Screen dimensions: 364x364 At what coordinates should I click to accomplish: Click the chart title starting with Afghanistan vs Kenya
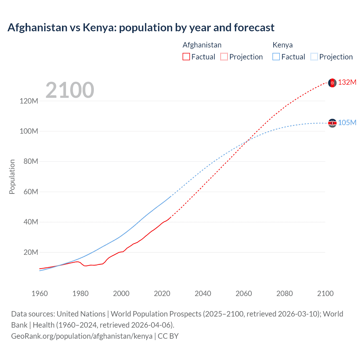pos(141,28)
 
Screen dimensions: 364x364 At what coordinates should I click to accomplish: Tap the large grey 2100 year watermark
pos(70,90)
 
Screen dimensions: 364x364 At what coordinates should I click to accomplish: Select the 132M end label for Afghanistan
pos(347,82)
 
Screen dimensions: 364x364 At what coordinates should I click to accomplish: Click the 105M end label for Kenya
pos(347,123)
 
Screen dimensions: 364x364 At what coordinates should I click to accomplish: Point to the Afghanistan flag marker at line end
pos(332,83)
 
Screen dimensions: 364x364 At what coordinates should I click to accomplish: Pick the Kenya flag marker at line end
pos(332,123)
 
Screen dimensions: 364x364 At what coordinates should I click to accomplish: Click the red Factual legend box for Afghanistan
pos(186,57)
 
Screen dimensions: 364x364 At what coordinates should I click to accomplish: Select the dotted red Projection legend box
pos(224,57)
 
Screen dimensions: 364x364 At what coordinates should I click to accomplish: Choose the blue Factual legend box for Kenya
pos(276,57)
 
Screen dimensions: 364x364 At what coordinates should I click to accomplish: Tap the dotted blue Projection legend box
pos(314,57)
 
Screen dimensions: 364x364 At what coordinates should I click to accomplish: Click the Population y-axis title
pos(12,177)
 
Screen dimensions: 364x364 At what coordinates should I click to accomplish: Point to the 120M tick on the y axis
pos(29,101)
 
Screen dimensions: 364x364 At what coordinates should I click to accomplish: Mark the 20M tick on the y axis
pos(31,253)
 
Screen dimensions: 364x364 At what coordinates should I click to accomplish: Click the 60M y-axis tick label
pos(31,192)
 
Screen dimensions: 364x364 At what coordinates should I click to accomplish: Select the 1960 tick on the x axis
pos(40,293)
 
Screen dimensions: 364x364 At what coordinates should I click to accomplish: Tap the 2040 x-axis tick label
pos(203,293)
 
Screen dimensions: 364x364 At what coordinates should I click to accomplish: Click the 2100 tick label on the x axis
pos(325,293)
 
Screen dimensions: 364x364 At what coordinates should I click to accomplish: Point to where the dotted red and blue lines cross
pos(247,141)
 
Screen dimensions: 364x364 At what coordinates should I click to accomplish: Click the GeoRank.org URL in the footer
pos(82,336)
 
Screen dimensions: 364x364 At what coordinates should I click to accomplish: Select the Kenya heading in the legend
pos(282,45)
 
